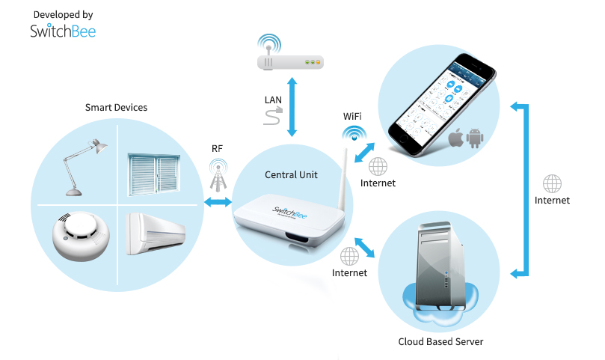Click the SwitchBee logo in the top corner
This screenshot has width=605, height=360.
[63, 31]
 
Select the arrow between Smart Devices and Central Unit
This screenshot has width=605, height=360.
[218, 203]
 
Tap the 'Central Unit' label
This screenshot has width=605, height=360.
[291, 174]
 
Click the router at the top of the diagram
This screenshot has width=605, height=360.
[291, 63]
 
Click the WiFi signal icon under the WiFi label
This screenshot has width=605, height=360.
[353, 135]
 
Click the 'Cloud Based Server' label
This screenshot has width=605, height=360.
[440, 342]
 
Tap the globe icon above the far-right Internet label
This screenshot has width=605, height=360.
[552, 183]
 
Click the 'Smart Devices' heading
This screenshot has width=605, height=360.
[116, 108]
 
